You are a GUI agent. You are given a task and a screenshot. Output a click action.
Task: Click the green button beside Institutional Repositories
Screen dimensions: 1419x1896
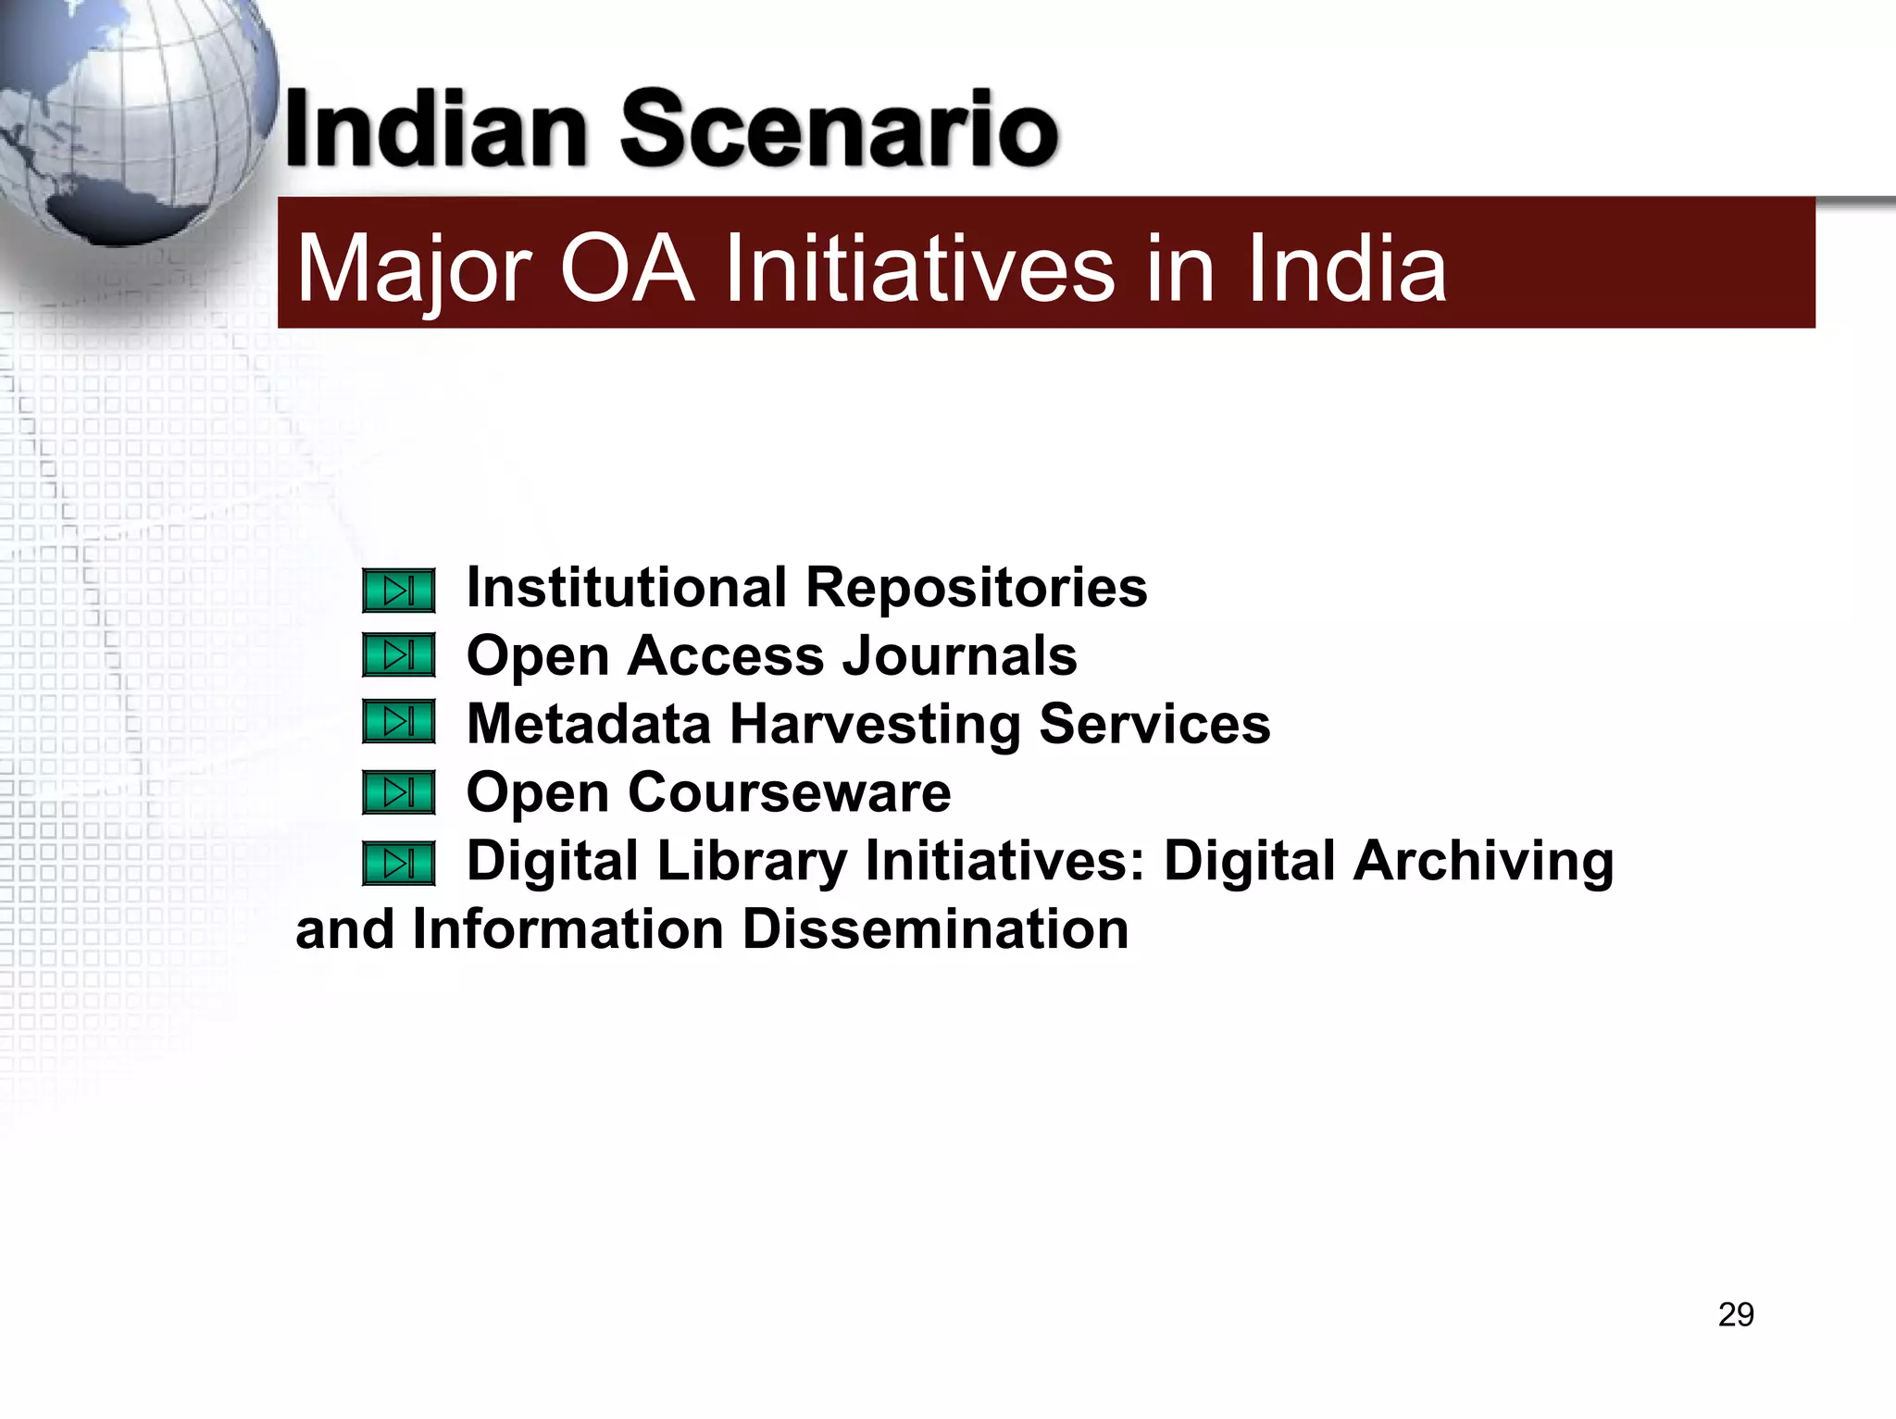pos(399,591)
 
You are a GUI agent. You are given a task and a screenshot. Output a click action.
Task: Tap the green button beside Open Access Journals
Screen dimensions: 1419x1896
pos(399,655)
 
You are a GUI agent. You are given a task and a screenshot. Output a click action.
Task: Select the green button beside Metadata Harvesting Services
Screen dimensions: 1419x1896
pos(399,722)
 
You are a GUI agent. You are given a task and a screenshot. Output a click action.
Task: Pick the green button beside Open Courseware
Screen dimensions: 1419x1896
pos(399,792)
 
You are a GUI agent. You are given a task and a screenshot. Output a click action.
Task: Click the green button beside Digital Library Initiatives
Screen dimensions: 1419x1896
pos(399,863)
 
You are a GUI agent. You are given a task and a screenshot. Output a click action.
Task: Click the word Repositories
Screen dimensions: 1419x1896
pos(977,589)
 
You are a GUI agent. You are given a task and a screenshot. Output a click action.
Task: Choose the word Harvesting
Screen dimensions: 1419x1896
pos(876,725)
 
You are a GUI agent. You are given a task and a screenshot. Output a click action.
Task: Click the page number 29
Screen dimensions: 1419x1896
pos(1736,1314)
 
